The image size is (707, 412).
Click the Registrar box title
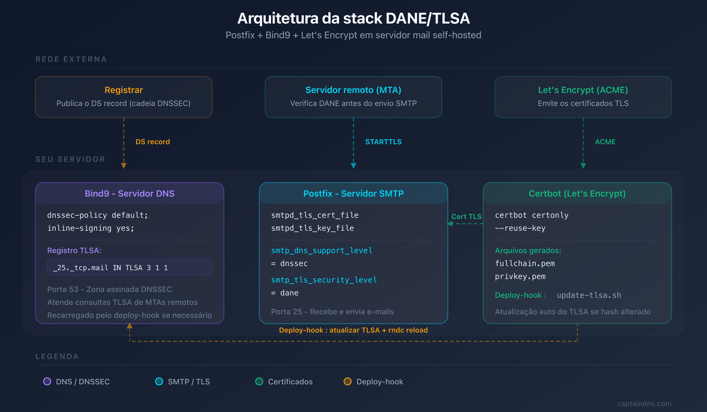pyautogui.click(x=124, y=90)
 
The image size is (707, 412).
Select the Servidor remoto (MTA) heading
pyautogui.click(x=353, y=90)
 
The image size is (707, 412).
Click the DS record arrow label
pyautogui.click(x=153, y=142)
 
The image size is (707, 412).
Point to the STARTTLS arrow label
pyautogui.click(x=383, y=142)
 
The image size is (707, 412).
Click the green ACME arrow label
pyautogui.click(x=605, y=142)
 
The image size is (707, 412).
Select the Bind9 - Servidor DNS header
pyautogui.click(x=129, y=193)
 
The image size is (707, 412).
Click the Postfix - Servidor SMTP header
pyautogui.click(x=353, y=193)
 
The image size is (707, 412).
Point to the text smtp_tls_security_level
pyautogui.click(x=324, y=280)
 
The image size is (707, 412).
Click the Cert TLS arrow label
pyautogui.click(x=466, y=216)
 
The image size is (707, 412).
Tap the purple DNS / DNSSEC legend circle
pyautogui.click(x=47, y=381)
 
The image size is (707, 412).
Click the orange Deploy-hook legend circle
pyautogui.click(x=347, y=381)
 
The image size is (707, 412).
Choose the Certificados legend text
pyautogui.click(x=290, y=382)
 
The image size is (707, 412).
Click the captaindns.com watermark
pyautogui.click(x=644, y=404)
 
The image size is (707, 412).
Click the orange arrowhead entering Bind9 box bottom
pyautogui.click(x=129, y=326)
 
